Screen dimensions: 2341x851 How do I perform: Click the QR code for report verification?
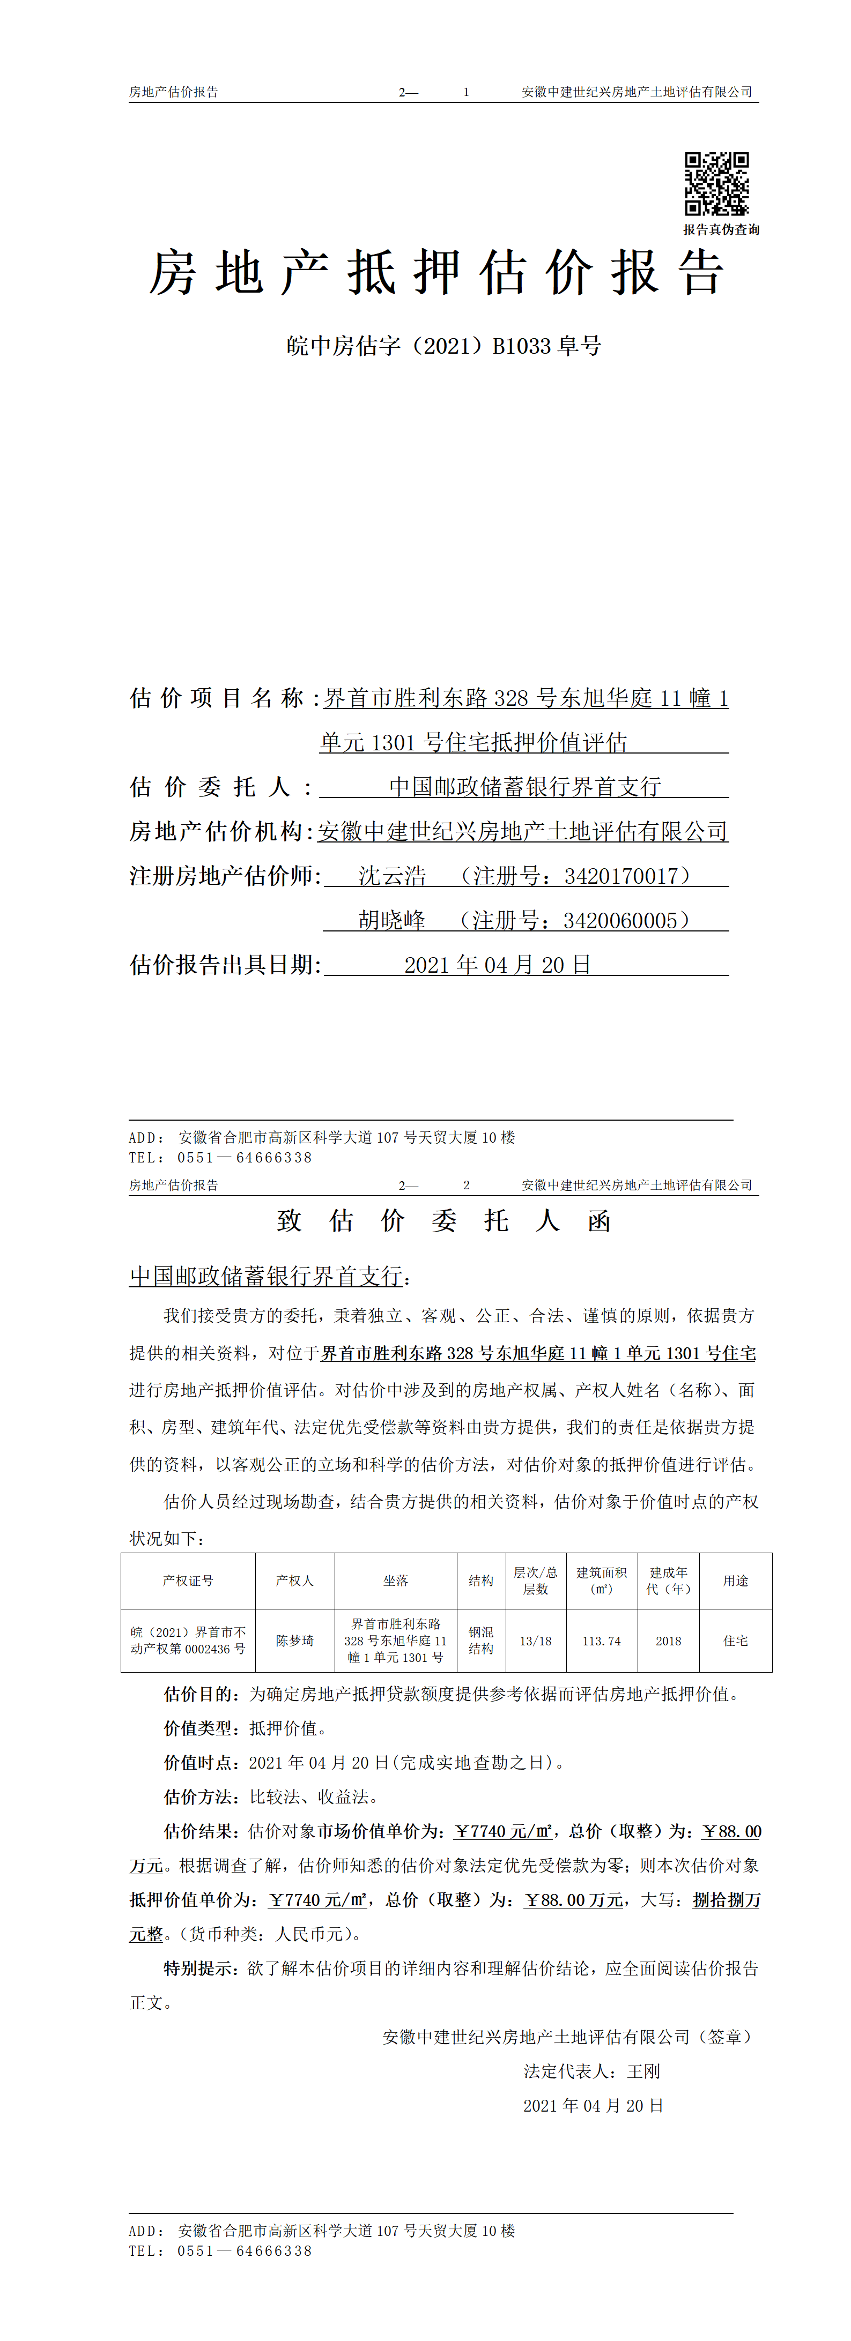point(716,184)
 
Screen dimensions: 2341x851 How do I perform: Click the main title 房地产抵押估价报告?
point(436,273)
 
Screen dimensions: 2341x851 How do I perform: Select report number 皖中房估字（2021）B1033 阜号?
point(443,346)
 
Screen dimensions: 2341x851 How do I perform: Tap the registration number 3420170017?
point(621,876)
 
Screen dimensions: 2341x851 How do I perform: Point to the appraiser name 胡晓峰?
point(392,921)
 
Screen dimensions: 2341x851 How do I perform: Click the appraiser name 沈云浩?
point(392,876)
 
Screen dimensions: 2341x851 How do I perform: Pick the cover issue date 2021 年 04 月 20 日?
point(497,965)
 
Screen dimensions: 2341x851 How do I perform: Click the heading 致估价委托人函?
point(443,1220)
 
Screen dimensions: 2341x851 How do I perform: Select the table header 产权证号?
point(188,1580)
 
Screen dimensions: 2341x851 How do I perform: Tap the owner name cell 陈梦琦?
point(294,1641)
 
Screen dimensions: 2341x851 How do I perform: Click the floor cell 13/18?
point(536,1641)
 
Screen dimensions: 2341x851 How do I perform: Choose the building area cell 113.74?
point(602,1641)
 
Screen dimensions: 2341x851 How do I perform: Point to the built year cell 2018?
point(668,1641)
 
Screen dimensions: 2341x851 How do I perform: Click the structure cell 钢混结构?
point(481,1641)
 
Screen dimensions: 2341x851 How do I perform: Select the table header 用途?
point(736,1580)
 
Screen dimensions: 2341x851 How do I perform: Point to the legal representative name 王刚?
point(643,2071)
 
